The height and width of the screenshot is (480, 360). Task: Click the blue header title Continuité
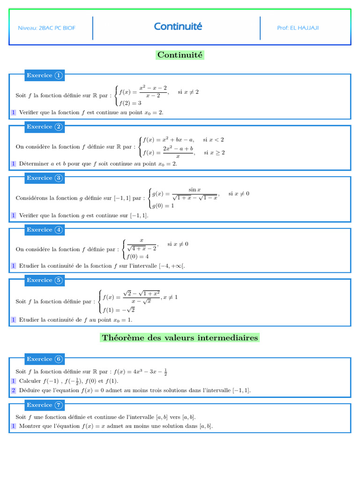pos(178,27)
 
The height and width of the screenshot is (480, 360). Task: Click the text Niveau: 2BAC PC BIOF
pos(46,28)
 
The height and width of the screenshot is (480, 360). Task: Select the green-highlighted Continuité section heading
pos(180,55)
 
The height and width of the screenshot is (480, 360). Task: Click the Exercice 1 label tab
pos(44,75)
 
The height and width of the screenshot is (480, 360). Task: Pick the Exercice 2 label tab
pos(44,127)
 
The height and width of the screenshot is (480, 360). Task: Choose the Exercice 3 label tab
pos(44,178)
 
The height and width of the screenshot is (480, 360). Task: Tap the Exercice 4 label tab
pos(44,230)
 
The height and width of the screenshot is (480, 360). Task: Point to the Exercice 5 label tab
pos(44,280)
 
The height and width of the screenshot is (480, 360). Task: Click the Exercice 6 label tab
pos(44,359)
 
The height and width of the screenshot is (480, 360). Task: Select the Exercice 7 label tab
pos(44,405)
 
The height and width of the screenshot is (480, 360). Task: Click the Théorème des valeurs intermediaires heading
pos(180,337)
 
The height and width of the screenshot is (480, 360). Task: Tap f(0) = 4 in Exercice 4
pos(137,256)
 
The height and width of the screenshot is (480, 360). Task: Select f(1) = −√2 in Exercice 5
pos(119,309)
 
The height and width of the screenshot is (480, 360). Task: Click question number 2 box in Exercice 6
pos(14,390)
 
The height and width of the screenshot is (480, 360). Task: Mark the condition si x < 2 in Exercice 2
pos(213,140)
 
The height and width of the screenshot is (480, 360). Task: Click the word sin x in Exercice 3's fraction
pos(195,190)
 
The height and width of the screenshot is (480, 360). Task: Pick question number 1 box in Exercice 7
pos(14,426)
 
